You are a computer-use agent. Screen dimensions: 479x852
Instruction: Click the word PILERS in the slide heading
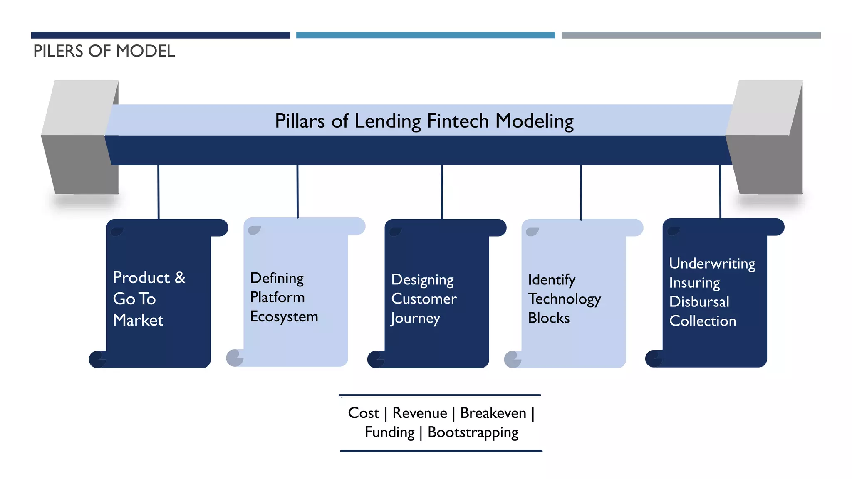59,51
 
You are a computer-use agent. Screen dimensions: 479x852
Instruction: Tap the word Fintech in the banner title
458,121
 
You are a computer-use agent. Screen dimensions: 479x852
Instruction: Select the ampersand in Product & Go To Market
180,277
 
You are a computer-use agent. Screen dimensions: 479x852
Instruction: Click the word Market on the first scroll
138,320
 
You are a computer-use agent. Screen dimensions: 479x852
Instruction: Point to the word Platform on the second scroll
277,297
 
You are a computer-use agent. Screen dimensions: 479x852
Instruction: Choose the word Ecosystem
284,316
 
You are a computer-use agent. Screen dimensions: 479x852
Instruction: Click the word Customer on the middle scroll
424,299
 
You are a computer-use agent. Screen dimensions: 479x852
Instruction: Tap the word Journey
415,318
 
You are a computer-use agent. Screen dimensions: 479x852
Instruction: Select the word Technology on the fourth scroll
565,299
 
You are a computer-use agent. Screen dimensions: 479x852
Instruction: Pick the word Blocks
549,318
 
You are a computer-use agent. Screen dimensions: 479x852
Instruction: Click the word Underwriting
712,264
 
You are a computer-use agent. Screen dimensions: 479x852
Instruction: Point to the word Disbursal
699,302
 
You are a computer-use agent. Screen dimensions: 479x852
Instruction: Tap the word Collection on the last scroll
703,321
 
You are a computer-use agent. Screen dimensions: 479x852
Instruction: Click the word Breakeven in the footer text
493,413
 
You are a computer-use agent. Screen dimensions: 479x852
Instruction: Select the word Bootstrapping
473,432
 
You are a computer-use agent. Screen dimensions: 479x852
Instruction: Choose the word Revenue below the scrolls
420,413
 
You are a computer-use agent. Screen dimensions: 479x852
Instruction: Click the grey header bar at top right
691,35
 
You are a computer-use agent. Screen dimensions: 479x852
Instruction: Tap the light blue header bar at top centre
426,35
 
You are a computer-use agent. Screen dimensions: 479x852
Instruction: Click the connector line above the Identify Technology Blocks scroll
581,192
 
